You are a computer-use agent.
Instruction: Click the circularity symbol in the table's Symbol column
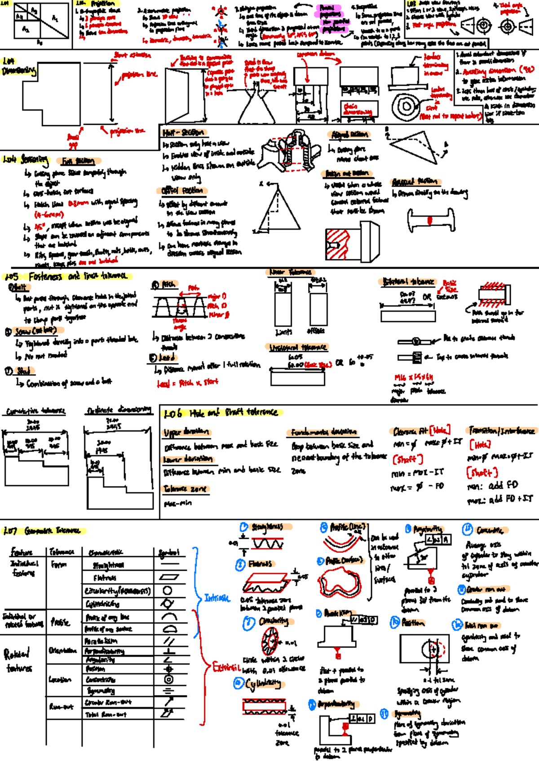(x=167, y=590)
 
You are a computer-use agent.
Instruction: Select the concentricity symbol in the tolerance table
(x=168, y=679)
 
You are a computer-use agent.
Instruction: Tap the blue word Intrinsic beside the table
(x=217, y=598)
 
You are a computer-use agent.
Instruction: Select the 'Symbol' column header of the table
(x=169, y=552)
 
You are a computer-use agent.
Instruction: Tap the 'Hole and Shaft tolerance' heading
(x=233, y=413)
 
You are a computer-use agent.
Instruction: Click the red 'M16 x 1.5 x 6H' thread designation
(x=413, y=377)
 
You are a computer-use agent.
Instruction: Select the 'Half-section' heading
(x=183, y=133)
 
